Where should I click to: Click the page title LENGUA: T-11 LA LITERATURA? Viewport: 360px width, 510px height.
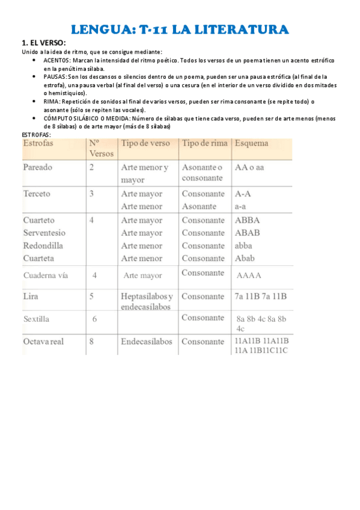(180, 29)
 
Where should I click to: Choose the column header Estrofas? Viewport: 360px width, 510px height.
(38, 144)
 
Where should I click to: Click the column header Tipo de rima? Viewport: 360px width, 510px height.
(203, 144)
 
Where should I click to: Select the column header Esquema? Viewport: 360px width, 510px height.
(252, 144)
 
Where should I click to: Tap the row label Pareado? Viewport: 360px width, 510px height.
(38, 167)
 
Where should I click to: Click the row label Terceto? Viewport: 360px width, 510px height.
(37, 194)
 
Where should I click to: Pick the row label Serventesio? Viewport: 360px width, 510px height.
(44, 233)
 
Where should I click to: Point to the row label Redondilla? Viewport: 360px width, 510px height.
(43, 245)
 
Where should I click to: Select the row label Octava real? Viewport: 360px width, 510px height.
(43, 342)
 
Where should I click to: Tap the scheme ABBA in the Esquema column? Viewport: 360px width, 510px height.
(248, 220)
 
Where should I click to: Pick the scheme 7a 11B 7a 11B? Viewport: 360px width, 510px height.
(260, 296)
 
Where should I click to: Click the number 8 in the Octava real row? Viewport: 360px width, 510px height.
(91, 342)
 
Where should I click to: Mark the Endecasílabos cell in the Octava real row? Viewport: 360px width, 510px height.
(146, 342)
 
